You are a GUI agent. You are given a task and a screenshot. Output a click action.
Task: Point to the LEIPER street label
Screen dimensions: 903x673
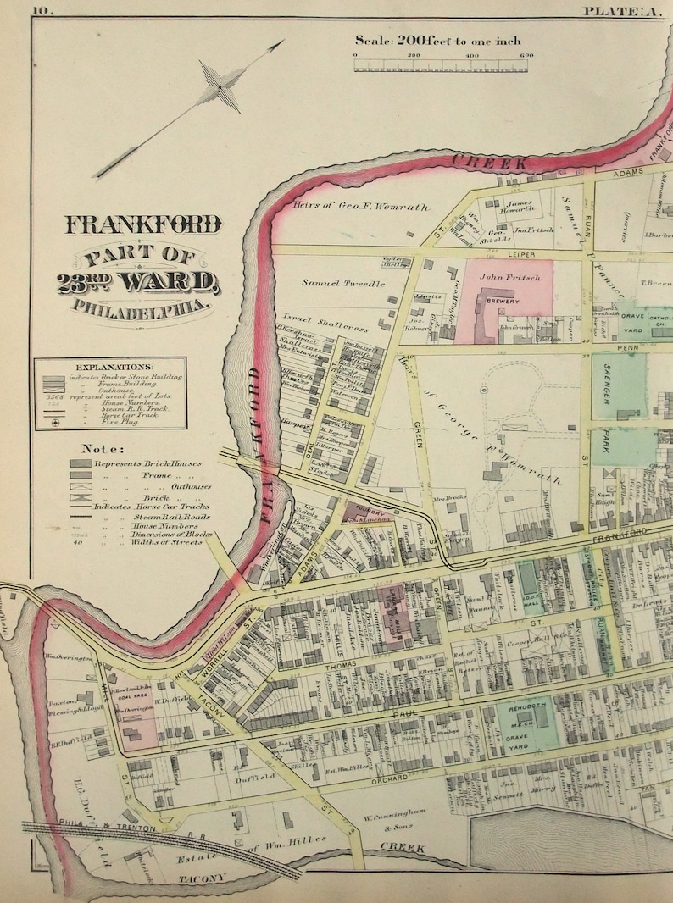(x=505, y=253)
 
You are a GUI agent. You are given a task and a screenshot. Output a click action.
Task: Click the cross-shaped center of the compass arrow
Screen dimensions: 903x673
(x=220, y=87)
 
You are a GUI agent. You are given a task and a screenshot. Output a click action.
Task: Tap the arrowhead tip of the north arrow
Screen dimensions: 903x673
(x=282, y=42)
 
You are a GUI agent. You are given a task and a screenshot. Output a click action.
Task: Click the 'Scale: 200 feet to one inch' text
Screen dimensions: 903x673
(x=437, y=40)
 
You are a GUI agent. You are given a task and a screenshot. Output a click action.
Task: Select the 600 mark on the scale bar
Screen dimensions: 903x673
(x=526, y=56)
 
